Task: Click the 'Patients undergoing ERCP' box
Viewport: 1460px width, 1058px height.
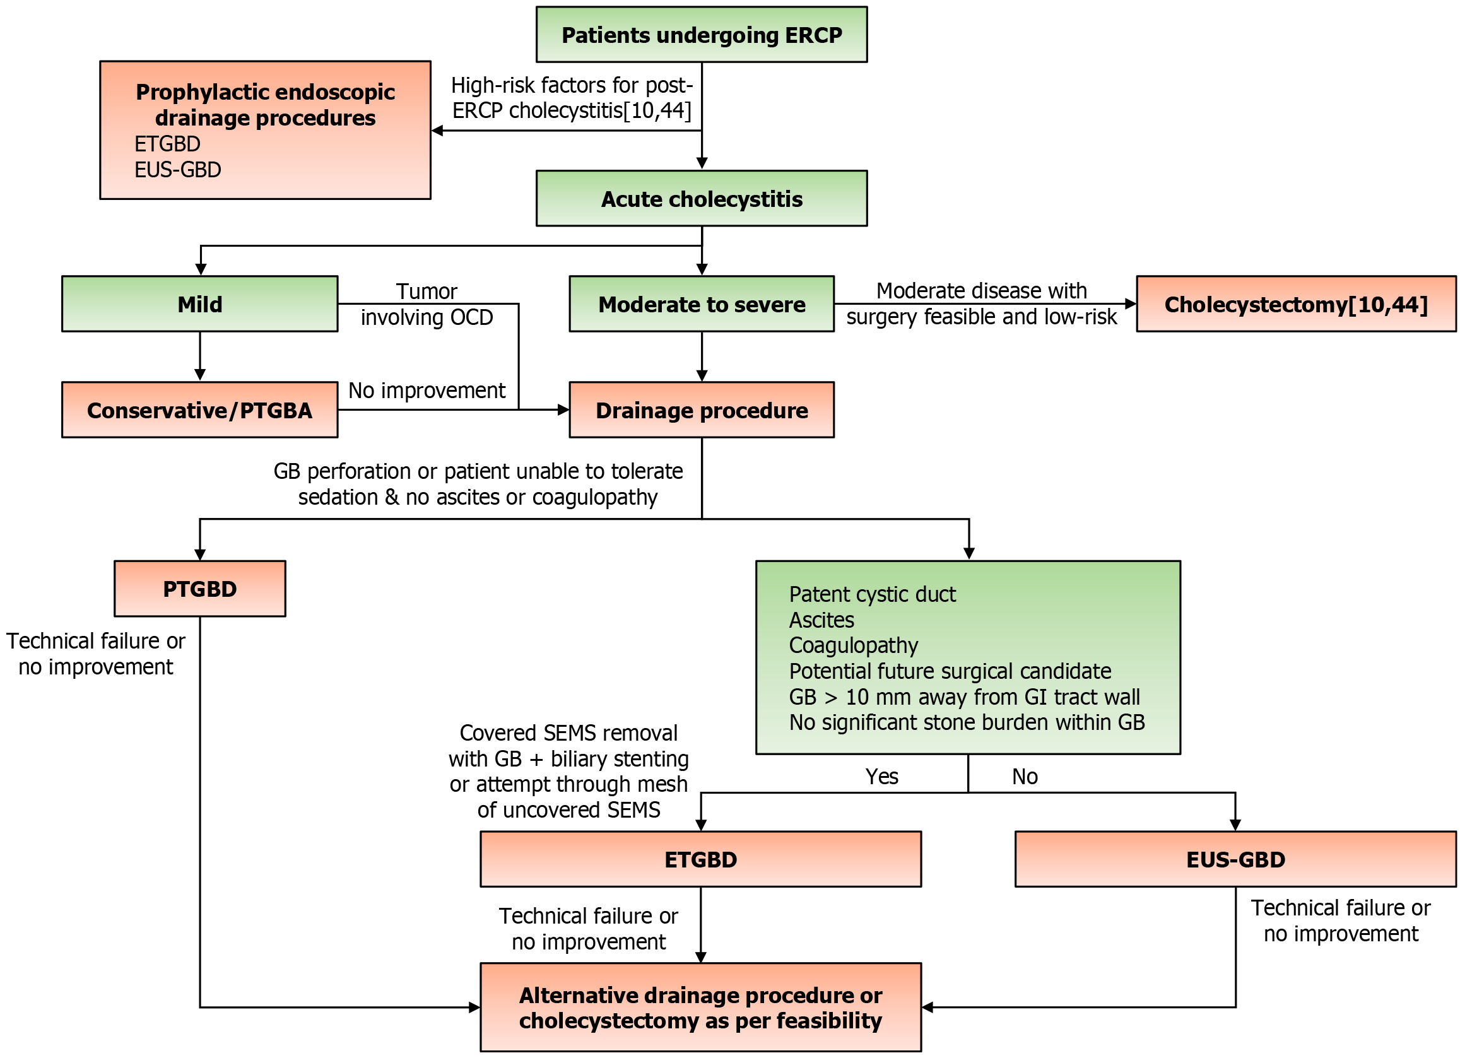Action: tap(702, 34)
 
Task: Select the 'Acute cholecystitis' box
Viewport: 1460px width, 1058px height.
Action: tap(702, 198)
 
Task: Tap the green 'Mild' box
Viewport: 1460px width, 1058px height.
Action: tap(199, 303)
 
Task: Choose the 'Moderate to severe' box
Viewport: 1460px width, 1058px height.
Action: tap(702, 303)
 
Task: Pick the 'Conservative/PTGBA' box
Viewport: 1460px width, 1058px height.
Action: tap(199, 410)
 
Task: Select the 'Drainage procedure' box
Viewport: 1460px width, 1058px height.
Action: tap(702, 410)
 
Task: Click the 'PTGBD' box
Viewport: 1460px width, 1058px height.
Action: tap(199, 588)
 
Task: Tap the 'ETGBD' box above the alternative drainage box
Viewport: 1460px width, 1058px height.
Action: tap(700, 859)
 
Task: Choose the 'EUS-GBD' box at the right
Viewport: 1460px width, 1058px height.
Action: tap(1235, 859)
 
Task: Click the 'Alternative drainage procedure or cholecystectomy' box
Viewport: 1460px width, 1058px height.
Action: tap(700, 1007)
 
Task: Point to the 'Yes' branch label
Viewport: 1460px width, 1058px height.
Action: tap(881, 776)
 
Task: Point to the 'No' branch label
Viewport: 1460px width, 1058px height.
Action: tap(1025, 776)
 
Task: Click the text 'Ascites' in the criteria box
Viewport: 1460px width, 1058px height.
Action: tap(821, 620)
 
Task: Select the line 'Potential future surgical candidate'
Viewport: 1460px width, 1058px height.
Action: tap(950, 671)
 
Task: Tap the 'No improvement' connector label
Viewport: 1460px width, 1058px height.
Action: tap(427, 390)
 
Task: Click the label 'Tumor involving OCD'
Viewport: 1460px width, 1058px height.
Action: tap(427, 303)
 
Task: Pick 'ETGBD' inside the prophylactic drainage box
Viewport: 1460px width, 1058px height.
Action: tap(167, 143)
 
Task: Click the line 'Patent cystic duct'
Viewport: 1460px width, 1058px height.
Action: tap(872, 594)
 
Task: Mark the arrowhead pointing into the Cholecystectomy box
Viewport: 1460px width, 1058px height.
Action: tap(1131, 303)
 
